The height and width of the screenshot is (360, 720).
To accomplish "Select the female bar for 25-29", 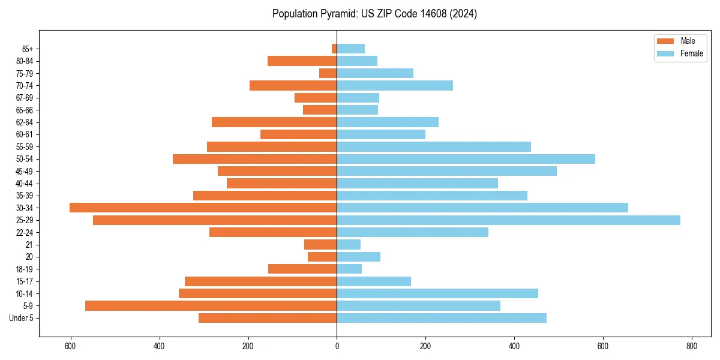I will [508, 220].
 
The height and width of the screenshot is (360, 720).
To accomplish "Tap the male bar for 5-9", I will [211, 305].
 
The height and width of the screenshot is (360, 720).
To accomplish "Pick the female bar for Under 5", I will [442, 318].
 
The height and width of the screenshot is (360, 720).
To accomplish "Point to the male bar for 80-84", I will [302, 61].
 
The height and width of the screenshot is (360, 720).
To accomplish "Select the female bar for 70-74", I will [395, 85].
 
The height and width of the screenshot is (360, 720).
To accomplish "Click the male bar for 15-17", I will [260, 281].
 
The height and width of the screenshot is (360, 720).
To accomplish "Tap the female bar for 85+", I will [350, 49].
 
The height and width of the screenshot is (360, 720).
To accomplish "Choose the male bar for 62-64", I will [274, 122].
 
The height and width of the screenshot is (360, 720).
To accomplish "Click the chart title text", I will [374, 14].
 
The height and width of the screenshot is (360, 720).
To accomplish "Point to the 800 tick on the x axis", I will [691, 346].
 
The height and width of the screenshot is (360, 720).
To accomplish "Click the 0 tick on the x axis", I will [337, 346].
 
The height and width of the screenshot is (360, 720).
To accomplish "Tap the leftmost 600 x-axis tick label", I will [71, 346].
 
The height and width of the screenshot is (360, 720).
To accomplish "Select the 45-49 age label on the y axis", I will [25, 172].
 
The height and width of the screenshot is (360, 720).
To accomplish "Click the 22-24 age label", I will [25, 233].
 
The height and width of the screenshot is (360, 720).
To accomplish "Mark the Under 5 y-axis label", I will [22, 318].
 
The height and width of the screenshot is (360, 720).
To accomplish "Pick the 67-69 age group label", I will [25, 98].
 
